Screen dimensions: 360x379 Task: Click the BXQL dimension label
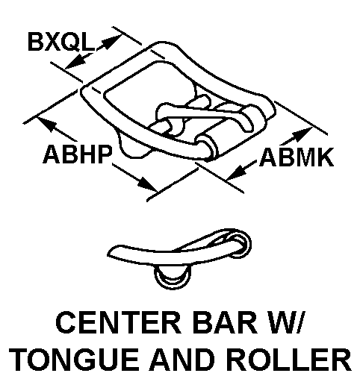pyautogui.click(x=61, y=42)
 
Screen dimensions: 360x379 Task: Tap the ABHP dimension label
pyautogui.click(x=78, y=154)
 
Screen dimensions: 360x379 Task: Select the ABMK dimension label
pyautogui.click(x=297, y=157)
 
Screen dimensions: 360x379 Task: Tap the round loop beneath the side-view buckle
pyautogui.click(x=173, y=277)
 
